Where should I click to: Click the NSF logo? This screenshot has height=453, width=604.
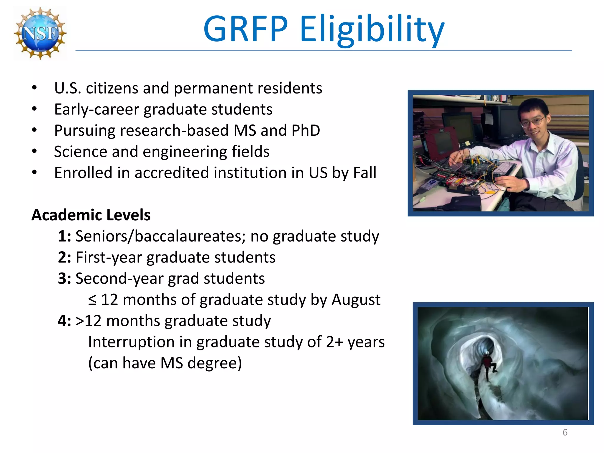click(x=40, y=33)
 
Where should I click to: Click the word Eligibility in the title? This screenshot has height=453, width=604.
click(x=372, y=29)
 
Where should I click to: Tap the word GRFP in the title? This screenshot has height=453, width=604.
click(x=245, y=29)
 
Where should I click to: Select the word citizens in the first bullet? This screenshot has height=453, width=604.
click(x=112, y=88)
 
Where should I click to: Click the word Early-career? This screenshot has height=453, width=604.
click(x=96, y=110)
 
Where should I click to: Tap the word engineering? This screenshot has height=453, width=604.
click(x=185, y=152)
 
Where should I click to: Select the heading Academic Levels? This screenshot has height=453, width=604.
click(x=91, y=215)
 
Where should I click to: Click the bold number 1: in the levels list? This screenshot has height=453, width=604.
click(x=64, y=236)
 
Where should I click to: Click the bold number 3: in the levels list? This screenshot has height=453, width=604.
click(x=64, y=279)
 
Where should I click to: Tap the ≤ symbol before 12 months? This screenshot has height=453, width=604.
click(x=92, y=300)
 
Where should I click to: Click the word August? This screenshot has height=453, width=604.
click(x=356, y=300)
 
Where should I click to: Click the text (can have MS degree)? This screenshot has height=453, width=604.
click(x=165, y=363)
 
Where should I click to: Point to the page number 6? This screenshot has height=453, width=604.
click(x=565, y=432)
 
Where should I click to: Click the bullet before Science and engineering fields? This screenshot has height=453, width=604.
click(x=35, y=151)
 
